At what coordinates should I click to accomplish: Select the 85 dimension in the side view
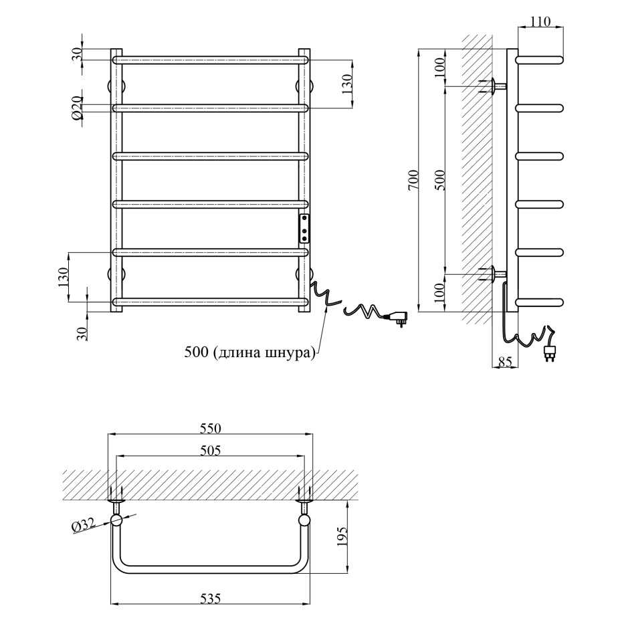click(x=505, y=361)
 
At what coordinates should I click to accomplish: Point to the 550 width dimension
click(x=211, y=429)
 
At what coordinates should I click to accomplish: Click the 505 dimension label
click(x=211, y=451)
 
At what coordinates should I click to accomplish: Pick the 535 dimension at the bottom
click(x=211, y=599)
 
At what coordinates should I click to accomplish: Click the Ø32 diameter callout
click(x=84, y=526)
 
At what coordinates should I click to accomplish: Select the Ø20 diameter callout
click(x=77, y=108)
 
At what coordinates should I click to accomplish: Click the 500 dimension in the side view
click(x=440, y=180)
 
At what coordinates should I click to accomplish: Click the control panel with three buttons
click(x=304, y=229)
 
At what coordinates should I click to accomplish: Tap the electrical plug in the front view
click(x=395, y=318)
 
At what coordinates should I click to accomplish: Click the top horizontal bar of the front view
click(x=210, y=60)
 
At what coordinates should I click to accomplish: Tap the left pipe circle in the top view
click(x=116, y=520)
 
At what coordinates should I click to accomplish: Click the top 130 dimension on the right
click(x=346, y=84)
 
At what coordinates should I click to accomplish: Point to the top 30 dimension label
click(x=77, y=54)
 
